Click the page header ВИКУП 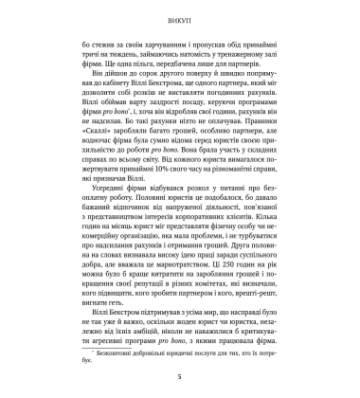[180, 16]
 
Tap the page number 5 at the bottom [180, 378]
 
